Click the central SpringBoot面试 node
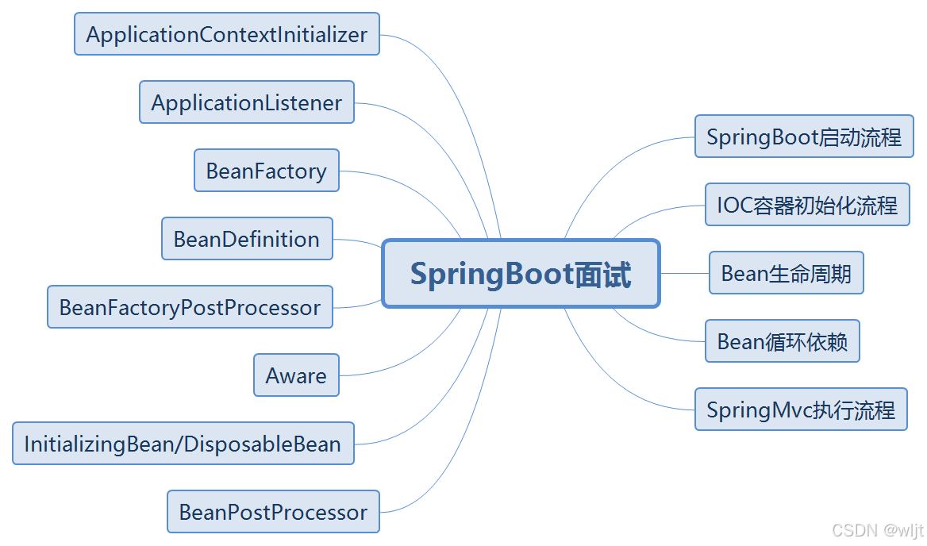(521, 274)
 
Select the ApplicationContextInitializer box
(227, 34)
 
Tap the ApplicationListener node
(247, 102)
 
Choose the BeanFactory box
(267, 171)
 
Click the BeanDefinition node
(247, 239)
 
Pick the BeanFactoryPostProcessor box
(190, 307)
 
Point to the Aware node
(296, 375)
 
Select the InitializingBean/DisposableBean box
(183, 444)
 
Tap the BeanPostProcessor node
(273, 512)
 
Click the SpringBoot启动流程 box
(804, 136)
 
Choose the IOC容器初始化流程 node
(807, 205)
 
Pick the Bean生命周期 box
(786, 273)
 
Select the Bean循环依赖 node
(783, 341)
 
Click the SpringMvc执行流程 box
(801, 409)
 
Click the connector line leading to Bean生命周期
(684, 273)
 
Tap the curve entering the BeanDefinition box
(357, 240)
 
